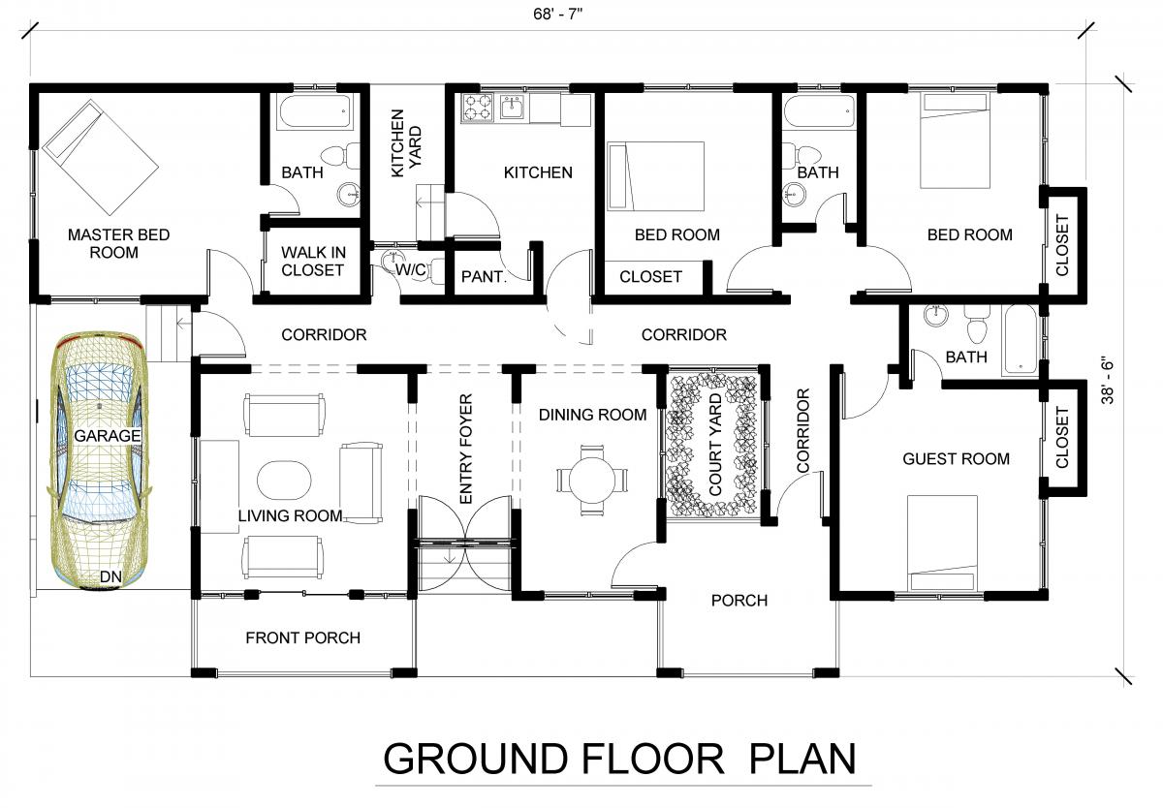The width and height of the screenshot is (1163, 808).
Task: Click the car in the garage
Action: click(x=100, y=460)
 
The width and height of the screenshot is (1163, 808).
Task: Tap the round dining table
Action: click(x=592, y=481)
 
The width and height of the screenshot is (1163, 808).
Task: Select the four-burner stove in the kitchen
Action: click(x=477, y=108)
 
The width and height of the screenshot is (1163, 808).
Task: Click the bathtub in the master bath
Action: click(x=314, y=112)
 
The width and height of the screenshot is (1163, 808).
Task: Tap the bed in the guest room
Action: click(x=942, y=543)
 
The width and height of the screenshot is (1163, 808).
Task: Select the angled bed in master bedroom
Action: click(x=100, y=157)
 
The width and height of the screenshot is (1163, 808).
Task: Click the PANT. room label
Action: click(x=484, y=276)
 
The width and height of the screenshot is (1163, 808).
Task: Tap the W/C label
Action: click(x=411, y=269)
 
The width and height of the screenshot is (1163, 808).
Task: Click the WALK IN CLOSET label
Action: click(x=313, y=261)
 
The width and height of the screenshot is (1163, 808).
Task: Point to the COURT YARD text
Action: click(x=715, y=445)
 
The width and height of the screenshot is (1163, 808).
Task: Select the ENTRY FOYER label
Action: click(x=466, y=449)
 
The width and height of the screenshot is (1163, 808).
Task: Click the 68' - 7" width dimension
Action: click(x=558, y=14)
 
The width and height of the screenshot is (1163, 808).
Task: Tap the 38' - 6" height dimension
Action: click(x=1107, y=380)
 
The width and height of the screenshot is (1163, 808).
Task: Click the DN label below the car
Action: click(x=110, y=576)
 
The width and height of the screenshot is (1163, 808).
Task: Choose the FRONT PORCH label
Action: click(x=302, y=637)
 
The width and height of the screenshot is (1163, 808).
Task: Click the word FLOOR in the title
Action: click(x=652, y=760)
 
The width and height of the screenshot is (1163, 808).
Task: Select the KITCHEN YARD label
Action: click(x=405, y=143)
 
